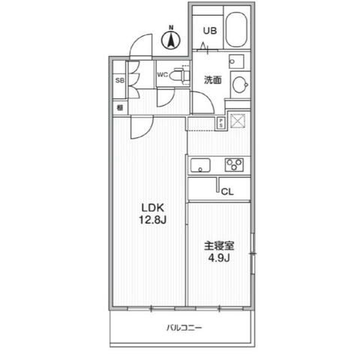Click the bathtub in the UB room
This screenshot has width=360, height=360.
(x=239, y=31)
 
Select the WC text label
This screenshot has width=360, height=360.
(x=162, y=74)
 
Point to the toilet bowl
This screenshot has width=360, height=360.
(x=177, y=75)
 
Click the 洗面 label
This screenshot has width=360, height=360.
(x=212, y=80)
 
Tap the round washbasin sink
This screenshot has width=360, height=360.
(x=241, y=85)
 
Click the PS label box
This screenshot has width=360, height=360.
(x=221, y=123)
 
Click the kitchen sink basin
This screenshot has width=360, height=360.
(x=200, y=165)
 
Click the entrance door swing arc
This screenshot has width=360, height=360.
(x=139, y=45)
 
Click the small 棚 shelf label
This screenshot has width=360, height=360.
(x=119, y=107)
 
